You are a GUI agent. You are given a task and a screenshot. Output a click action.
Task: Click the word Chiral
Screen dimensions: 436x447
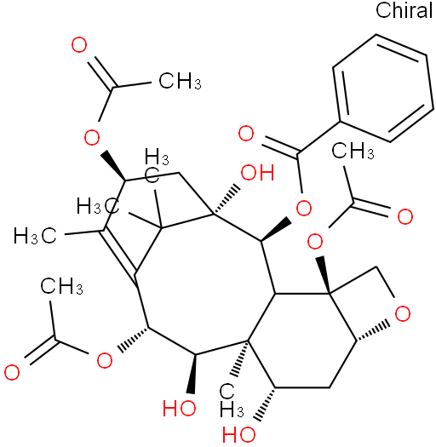tap(404, 10)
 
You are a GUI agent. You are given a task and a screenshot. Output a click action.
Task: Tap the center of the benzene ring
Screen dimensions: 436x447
tap(383, 88)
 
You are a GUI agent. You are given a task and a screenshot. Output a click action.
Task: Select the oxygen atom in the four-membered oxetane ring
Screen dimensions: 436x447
tap(403, 313)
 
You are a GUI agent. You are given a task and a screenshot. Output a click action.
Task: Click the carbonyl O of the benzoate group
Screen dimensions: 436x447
tap(246, 133)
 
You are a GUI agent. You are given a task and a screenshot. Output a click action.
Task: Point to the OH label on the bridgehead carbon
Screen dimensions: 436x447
tap(257, 172)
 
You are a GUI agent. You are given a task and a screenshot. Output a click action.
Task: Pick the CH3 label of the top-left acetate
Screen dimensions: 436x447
tap(180, 81)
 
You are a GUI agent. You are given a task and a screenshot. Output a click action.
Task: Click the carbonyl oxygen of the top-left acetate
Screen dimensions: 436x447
tap(79, 45)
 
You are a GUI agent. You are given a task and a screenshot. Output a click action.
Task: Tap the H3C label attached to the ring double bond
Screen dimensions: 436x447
tap(35, 236)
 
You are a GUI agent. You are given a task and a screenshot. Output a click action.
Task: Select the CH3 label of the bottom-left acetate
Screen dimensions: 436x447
tap(61, 286)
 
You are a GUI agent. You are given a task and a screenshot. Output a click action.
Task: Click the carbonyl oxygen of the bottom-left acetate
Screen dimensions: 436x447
tap(12, 372)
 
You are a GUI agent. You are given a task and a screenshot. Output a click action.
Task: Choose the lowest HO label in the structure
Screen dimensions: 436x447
tap(239, 435)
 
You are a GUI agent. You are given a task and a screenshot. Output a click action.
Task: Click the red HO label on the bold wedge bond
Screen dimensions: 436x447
tap(180, 408)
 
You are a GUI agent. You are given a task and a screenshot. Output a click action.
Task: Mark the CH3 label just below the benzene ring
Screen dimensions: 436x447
tap(353, 150)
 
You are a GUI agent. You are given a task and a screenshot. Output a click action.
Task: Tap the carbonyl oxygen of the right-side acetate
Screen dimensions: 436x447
tap(405, 216)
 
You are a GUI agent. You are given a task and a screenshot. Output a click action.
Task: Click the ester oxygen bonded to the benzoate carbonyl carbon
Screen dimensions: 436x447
tap(304, 208)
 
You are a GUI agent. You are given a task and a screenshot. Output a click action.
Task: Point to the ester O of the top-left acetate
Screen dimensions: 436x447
tap(92, 137)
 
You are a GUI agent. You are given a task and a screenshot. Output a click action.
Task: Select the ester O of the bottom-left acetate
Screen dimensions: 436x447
tap(105, 360)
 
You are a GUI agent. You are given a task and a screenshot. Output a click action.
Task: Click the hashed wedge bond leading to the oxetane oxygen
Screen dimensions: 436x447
tap(372, 332)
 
